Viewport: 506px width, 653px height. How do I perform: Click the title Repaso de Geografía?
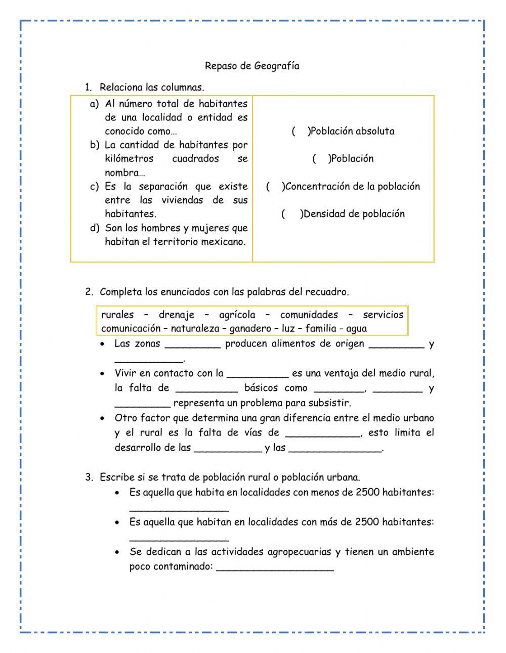252,66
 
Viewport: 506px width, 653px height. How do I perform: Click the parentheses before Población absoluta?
300,132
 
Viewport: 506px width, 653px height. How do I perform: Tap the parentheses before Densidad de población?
291,214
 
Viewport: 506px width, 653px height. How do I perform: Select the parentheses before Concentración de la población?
275,187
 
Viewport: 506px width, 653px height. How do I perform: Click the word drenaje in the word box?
176,315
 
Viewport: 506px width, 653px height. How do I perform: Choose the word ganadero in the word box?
250,329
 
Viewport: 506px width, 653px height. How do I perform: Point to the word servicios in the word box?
383,315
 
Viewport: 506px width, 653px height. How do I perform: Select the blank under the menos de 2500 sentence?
179,509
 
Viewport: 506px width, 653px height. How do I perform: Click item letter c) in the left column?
95,187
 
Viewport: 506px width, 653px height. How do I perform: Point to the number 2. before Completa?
89,292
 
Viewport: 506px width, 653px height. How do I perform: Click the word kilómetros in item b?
130,159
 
